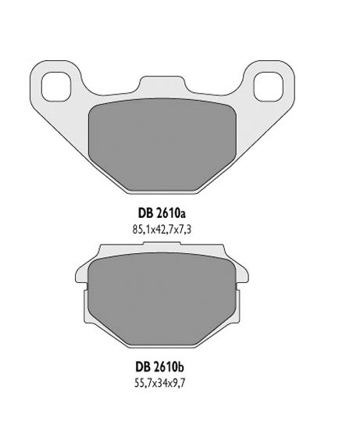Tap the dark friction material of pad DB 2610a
click(x=164, y=144)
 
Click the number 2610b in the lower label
click(x=173, y=364)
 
